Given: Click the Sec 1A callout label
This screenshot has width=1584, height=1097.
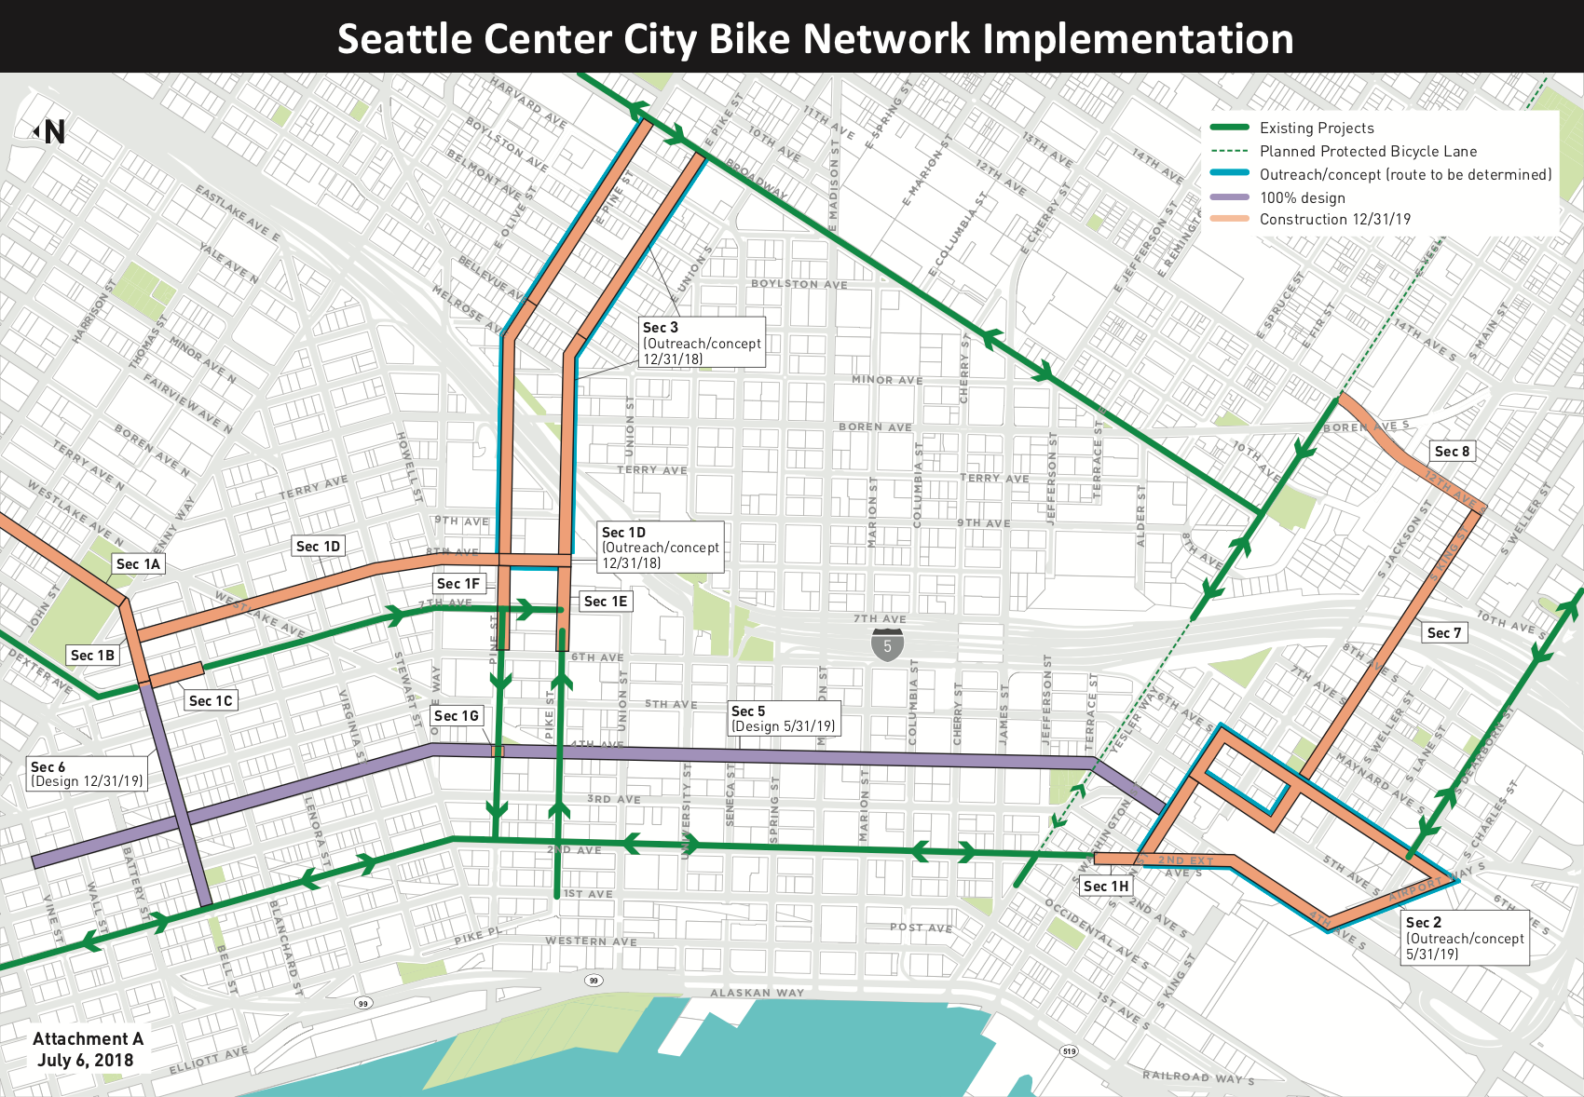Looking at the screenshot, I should point(139,563).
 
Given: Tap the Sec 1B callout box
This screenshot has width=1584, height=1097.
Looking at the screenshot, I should point(93,655).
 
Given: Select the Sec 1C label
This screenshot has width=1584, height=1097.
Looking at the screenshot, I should point(211,700).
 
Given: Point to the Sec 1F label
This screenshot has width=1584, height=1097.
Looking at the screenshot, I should point(458,583).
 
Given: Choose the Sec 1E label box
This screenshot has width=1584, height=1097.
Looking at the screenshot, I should point(606,601).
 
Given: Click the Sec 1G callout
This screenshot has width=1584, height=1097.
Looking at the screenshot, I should point(457,715).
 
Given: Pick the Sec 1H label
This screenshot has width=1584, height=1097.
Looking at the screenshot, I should point(1106,886).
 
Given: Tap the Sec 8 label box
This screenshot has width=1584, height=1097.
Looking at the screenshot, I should point(1453,451).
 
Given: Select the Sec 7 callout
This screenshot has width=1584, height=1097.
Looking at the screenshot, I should point(1445,632).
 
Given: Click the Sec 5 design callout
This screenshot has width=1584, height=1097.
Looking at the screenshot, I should point(784,718).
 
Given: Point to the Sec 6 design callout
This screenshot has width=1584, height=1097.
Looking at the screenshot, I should point(88,774).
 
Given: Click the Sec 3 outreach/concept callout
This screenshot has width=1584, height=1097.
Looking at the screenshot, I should point(702,342).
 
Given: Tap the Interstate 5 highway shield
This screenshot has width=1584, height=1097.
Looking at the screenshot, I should point(887,644).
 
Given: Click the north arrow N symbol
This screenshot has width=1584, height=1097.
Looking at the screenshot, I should point(50,132).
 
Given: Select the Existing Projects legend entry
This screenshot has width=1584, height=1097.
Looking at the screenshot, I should point(1317,128).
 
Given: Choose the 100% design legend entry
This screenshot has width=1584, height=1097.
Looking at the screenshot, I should point(1302,197).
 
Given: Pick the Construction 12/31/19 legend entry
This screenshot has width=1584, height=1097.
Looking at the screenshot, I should point(1334,219).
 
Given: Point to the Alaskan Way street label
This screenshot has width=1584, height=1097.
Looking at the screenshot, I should point(757,993).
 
